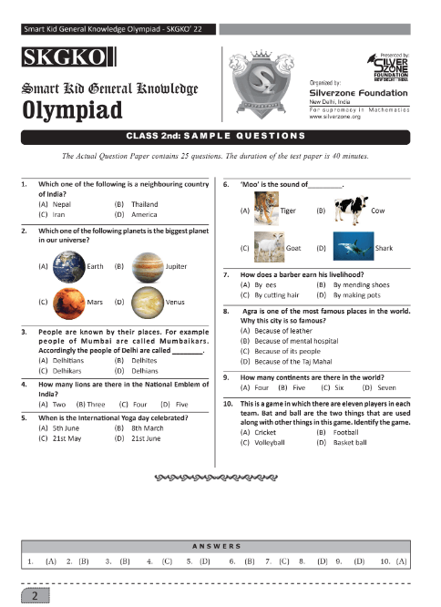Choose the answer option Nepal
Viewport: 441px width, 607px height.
click(61, 205)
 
